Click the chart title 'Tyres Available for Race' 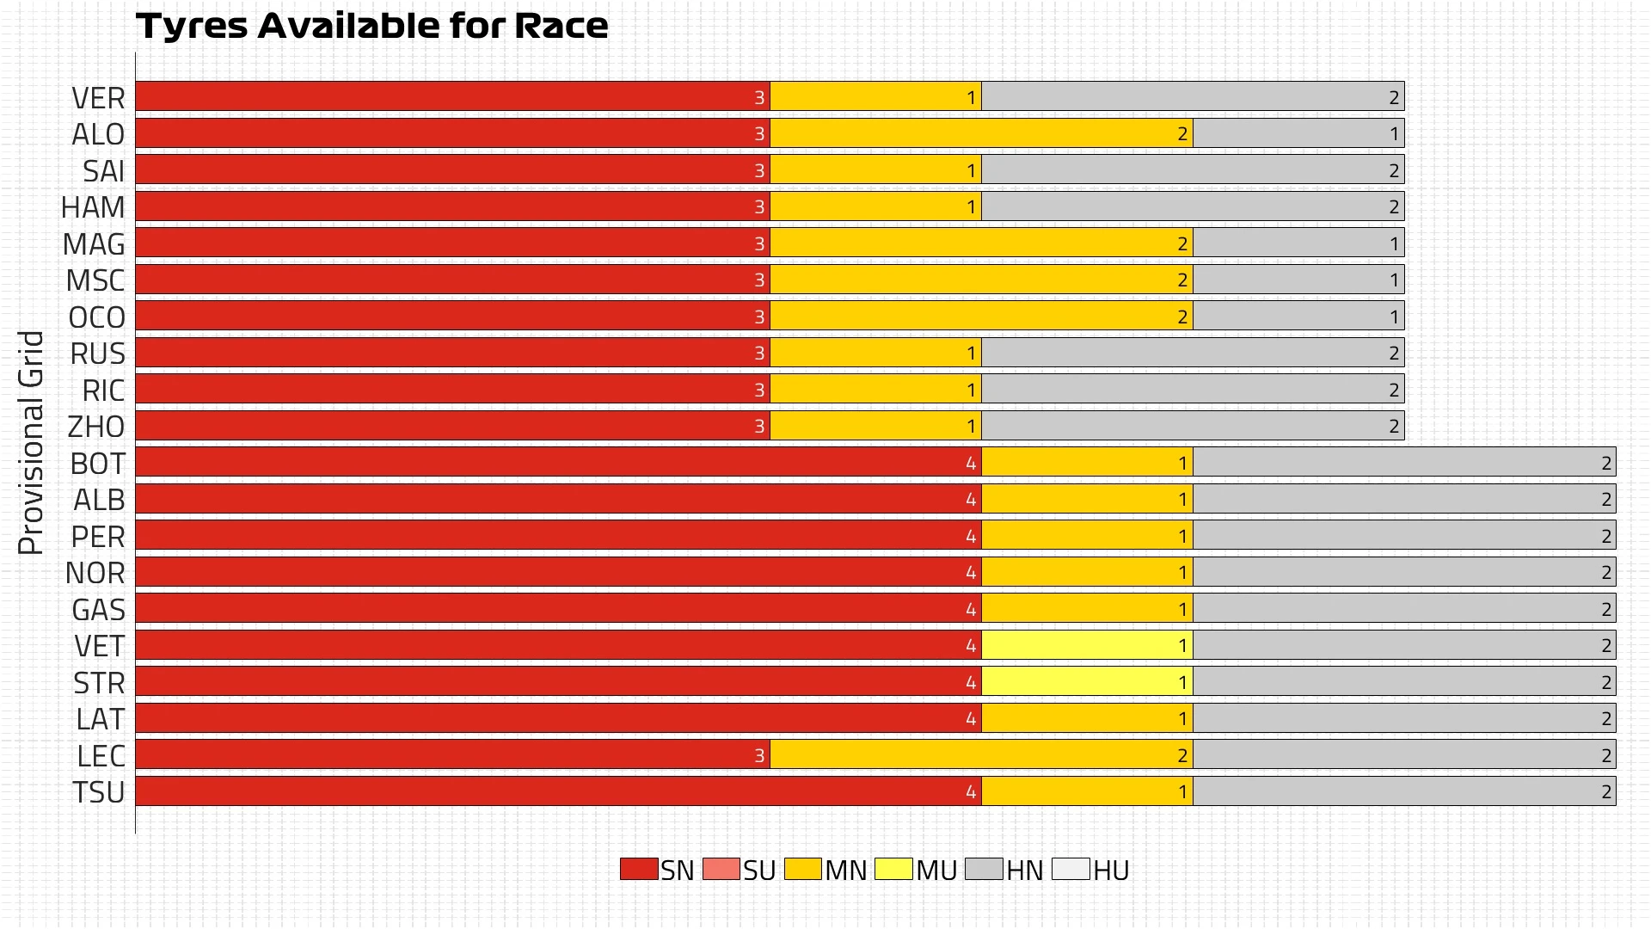tap(371, 26)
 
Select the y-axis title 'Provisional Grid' tap(31, 443)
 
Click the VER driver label tap(98, 98)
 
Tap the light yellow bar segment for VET tap(1087, 645)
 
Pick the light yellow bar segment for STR tap(1087, 682)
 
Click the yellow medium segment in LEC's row tap(980, 755)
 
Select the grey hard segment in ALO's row tap(1298, 133)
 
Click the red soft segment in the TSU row tap(559, 791)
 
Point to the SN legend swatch tap(639, 869)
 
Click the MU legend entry tap(916, 870)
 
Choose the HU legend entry tap(1091, 870)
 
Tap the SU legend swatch tap(721, 869)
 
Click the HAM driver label tap(93, 207)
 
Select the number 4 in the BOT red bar tap(971, 464)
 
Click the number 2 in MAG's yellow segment tap(1182, 244)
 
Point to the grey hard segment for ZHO tap(1193, 426)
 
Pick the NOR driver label tap(95, 573)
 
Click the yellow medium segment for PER tap(1087, 536)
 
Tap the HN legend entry tap(1004, 870)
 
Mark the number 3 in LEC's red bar tap(759, 756)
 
